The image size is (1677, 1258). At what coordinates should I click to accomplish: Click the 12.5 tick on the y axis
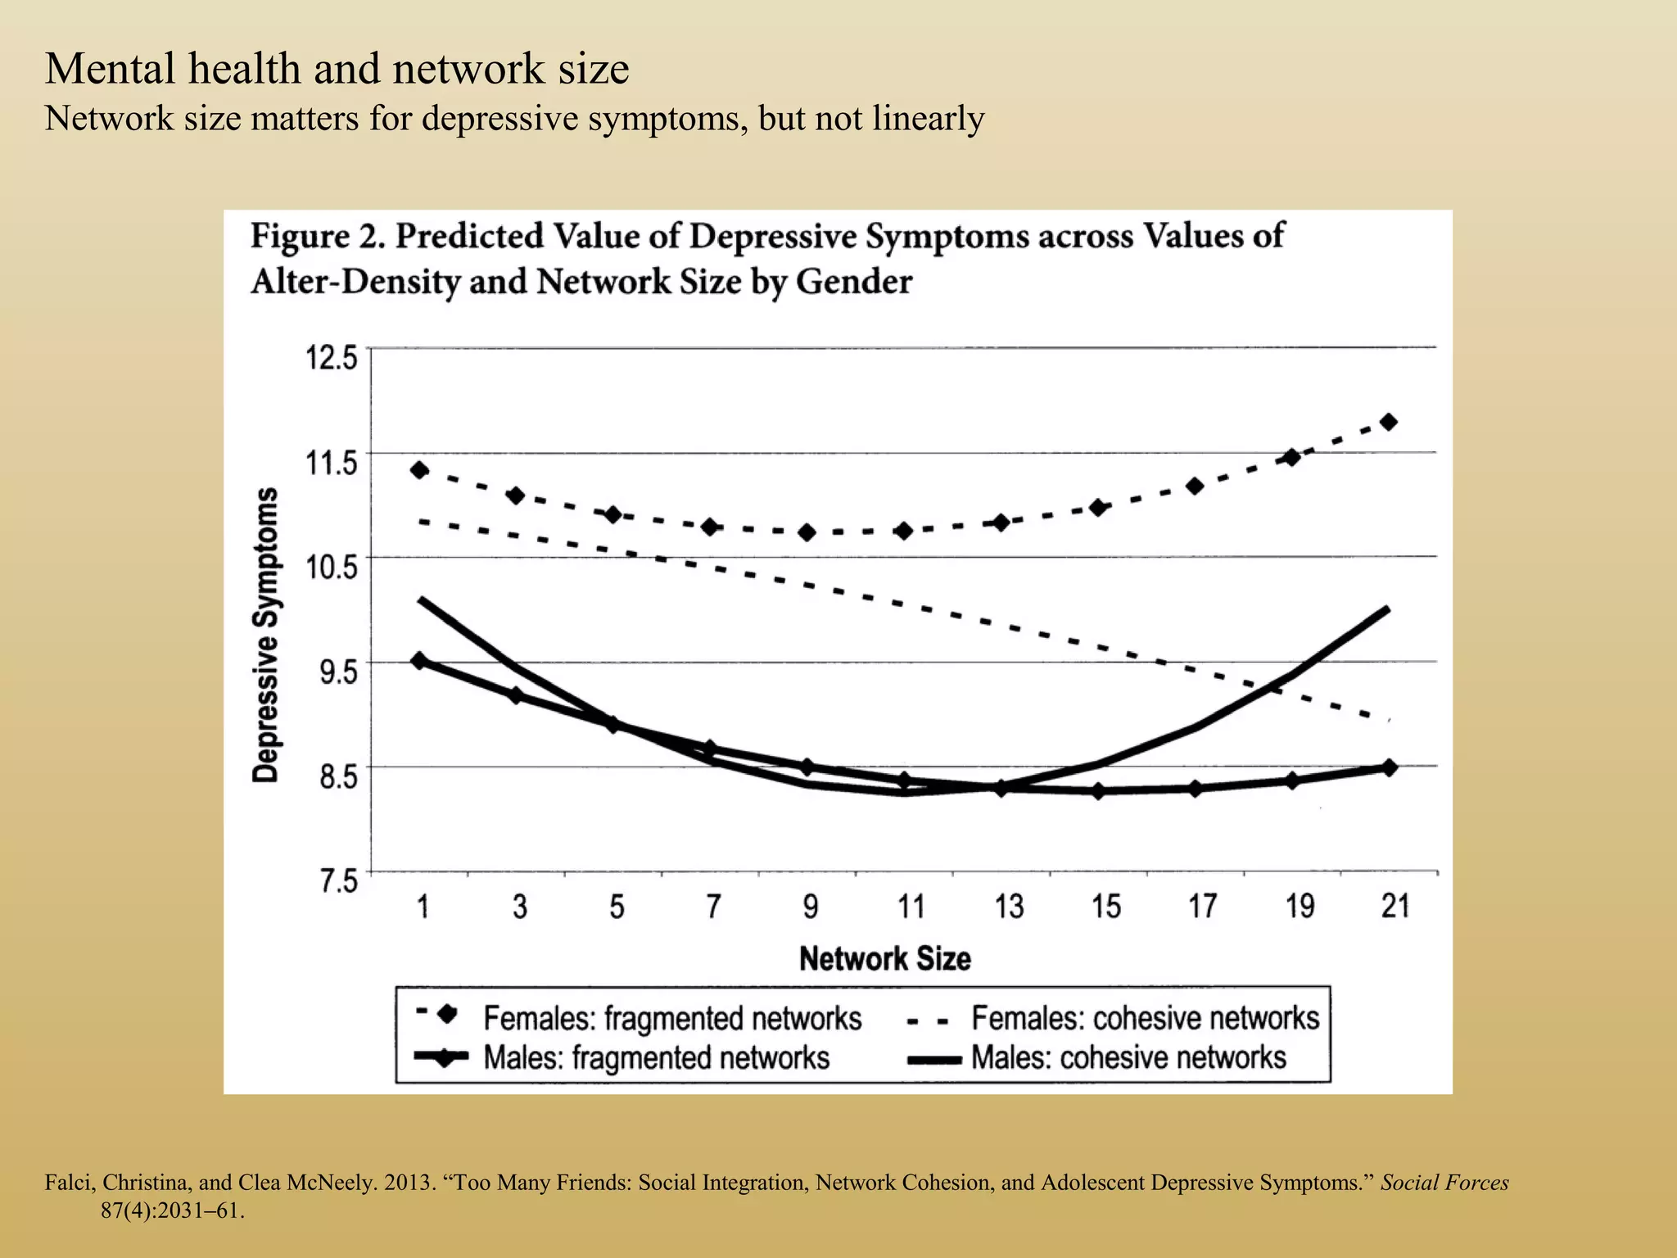tap(332, 358)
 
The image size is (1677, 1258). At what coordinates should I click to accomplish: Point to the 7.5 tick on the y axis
tap(338, 881)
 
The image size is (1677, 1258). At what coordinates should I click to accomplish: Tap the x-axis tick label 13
tap(1009, 907)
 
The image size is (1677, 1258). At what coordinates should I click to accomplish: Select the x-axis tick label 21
tap(1395, 907)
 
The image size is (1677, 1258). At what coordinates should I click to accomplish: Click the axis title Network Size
tap(884, 958)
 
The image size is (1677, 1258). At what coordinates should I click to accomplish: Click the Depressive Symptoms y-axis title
tap(265, 636)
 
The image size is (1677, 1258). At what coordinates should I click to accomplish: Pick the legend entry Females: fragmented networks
tap(671, 1018)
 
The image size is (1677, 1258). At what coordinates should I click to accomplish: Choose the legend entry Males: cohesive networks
tap(1128, 1057)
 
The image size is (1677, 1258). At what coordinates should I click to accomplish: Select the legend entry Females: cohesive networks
tap(1145, 1018)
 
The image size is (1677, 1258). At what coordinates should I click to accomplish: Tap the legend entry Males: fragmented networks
tap(656, 1057)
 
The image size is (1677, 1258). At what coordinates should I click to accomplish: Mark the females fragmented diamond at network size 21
tap(1389, 422)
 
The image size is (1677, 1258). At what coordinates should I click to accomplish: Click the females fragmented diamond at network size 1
tap(419, 470)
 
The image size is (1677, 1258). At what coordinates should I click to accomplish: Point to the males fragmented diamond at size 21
tap(1389, 767)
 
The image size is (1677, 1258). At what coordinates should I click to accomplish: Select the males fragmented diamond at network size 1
tap(419, 661)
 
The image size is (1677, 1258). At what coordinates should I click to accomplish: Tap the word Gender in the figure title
tap(853, 282)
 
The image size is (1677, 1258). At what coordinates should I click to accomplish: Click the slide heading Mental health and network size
tap(337, 68)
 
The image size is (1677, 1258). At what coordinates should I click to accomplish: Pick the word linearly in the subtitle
tap(928, 119)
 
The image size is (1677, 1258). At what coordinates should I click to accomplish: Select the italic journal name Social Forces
tap(1444, 1183)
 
